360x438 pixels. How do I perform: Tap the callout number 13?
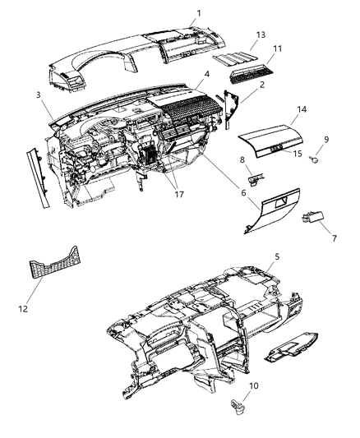[x=261, y=35]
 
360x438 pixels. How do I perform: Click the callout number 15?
[x=298, y=153]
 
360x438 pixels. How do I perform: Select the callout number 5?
[x=277, y=256]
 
